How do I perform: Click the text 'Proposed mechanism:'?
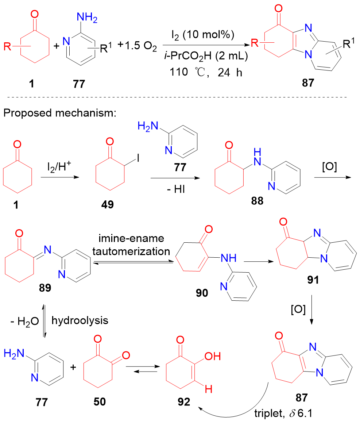coord(59,113)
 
